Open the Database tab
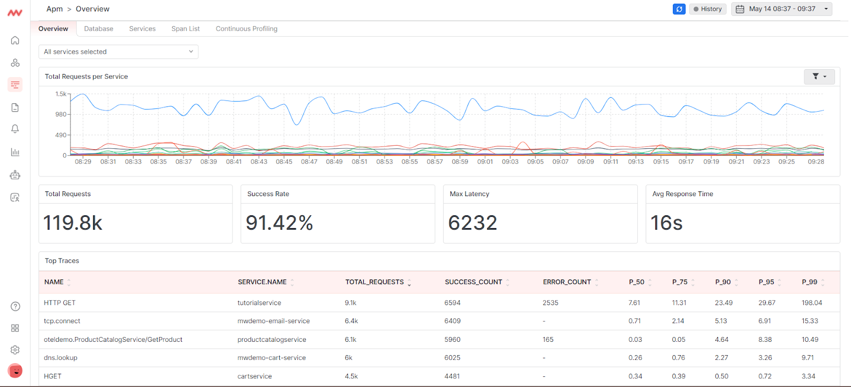tap(98, 29)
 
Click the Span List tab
tap(185, 29)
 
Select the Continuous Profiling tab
tap(246, 29)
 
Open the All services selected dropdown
tap(118, 52)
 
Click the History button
tap(707, 9)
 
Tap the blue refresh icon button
tap(679, 9)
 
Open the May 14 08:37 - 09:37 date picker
tap(781, 9)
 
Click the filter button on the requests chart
tap(819, 77)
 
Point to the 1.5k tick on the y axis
tap(61, 94)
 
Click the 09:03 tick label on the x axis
tap(510, 162)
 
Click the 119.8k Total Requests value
tap(73, 223)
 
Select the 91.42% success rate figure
tap(279, 223)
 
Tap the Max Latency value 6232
tap(472, 223)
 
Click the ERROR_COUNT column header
tap(566, 282)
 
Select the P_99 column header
tap(809, 282)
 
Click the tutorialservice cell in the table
tap(259, 303)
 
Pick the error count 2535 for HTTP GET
tap(550, 303)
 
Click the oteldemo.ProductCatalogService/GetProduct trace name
tap(113, 340)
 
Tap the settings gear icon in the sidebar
tap(15, 350)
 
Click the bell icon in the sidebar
tap(15, 129)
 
